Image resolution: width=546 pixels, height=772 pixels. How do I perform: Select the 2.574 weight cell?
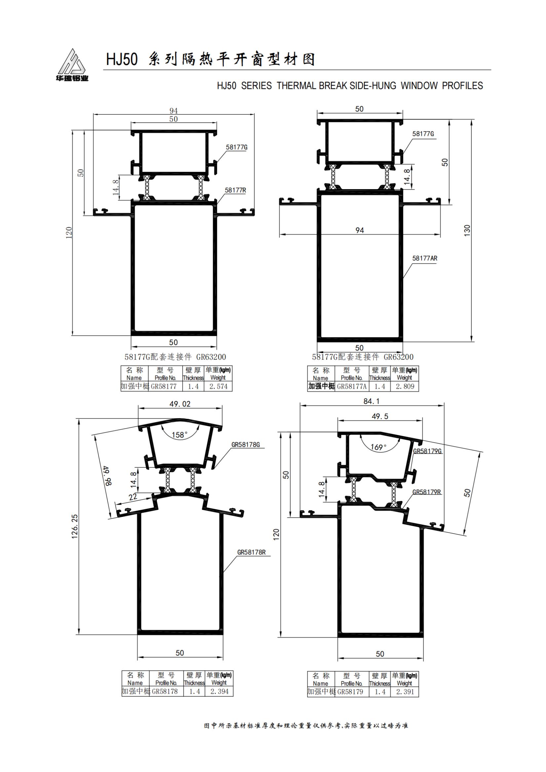(x=218, y=386)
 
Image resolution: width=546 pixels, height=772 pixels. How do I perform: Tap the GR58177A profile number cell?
(x=351, y=386)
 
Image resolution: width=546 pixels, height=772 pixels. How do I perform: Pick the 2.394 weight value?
(x=219, y=691)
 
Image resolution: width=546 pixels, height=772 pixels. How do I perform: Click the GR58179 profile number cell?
(x=351, y=692)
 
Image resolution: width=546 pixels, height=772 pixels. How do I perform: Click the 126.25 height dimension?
(x=75, y=526)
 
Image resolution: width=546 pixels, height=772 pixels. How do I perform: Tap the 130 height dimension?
(x=467, y=230)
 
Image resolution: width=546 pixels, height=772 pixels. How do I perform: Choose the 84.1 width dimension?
(x=371, y=401)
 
